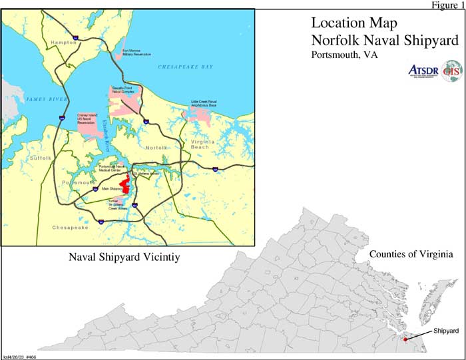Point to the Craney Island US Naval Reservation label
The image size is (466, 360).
(x=88, y=118)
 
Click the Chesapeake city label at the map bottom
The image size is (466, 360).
(x=70, y=228)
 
